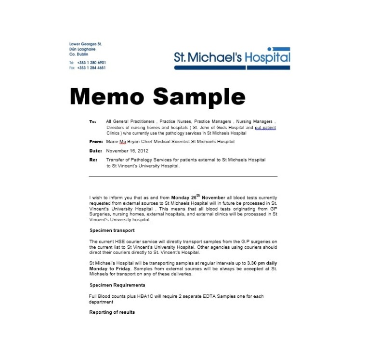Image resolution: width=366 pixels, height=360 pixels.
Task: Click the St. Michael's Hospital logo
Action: point(232,58)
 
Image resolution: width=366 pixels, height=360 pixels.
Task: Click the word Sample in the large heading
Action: point(199,97)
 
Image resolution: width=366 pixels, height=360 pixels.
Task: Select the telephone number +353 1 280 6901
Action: point(91,63)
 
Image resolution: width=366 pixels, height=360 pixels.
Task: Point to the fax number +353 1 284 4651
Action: point(91,68)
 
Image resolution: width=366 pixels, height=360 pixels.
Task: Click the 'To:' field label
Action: point(92,121)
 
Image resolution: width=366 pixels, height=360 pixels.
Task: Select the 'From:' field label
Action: point(96,142)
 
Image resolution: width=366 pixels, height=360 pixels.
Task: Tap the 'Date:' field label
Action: point(95,151)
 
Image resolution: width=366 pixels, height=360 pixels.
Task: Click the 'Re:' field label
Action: point(93,160)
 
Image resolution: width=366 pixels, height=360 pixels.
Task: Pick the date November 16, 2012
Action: point(124,151)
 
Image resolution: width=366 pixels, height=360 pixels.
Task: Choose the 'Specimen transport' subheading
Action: point(112,230)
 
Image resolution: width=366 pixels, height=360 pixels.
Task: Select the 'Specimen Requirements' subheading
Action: point(117,285)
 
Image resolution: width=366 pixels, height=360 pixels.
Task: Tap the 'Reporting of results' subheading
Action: point(112,312)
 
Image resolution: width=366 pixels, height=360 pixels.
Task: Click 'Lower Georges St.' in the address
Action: point(85,44)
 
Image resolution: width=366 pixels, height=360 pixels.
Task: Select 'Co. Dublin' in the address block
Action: point(78,54)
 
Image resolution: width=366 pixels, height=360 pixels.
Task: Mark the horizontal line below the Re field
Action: point(183,176)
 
